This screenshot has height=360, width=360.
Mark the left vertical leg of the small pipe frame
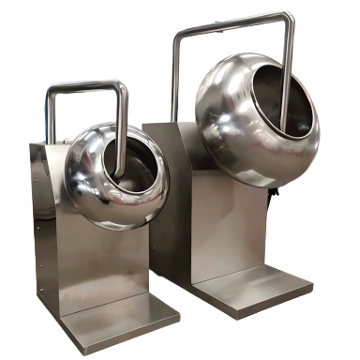49,117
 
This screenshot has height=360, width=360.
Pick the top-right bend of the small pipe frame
123,86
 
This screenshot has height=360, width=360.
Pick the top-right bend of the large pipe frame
288,17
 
